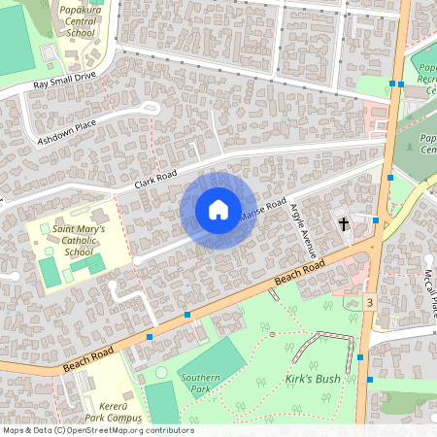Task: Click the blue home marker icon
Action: pos(218,210)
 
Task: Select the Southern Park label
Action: pos(202,384)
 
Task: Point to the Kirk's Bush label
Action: pos(313,379)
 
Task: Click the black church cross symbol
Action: pos(343,224)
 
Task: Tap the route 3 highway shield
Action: pos(370,303)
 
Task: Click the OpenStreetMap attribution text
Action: pos(97,429)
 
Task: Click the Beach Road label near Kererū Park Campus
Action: pos(89,358)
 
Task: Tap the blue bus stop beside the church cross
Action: pos(375,221)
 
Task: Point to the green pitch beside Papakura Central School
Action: pos(17,36)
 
